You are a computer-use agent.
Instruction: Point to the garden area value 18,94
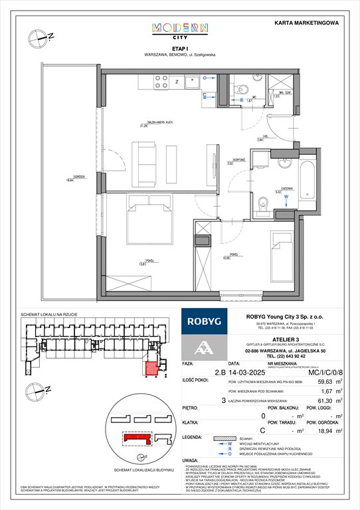click(325, 449)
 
